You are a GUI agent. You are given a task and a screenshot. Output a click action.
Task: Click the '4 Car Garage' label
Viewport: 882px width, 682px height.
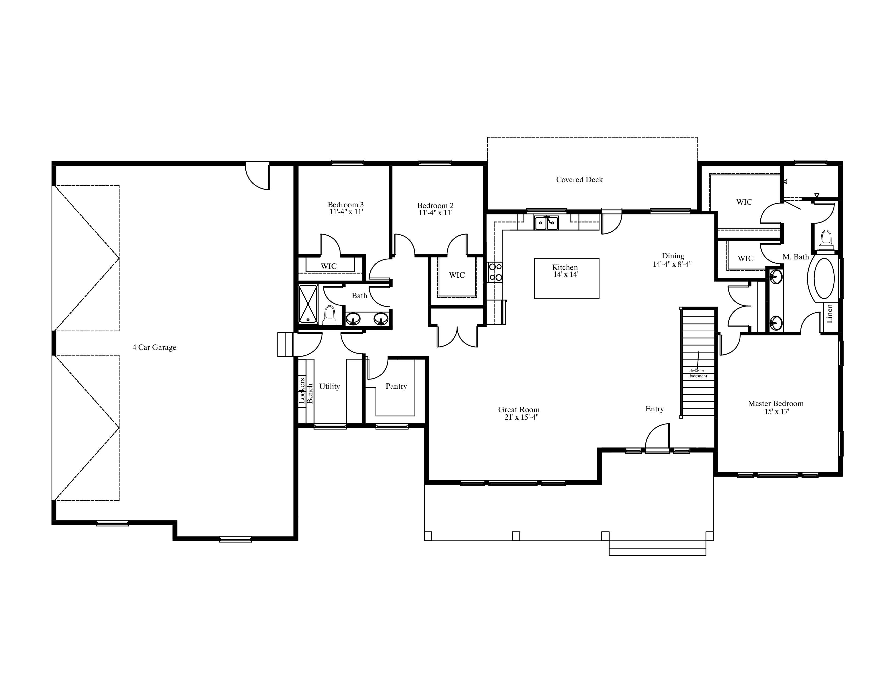coord(154,347)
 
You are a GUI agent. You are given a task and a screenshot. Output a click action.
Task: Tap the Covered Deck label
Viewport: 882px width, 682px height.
coord(579,180)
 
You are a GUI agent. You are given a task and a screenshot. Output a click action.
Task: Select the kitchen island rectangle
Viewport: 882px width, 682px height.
coord(567,278)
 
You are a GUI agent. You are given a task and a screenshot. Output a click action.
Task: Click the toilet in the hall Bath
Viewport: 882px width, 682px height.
coord(330,315)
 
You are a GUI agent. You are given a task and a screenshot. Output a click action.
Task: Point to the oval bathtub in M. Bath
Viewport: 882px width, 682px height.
coord(824,278)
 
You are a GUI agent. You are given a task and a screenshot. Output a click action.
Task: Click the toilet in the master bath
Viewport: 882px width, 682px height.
coord(826,240)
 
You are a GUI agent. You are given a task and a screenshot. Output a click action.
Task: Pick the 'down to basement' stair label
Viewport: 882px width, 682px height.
coord(698,373)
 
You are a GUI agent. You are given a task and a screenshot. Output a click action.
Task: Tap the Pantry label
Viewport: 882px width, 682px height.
coord(396,386)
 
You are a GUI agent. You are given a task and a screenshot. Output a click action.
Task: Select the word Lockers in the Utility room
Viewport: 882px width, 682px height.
coord(302,391)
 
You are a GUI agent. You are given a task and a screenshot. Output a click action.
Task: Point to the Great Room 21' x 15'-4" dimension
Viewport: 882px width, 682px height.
coord(521,417)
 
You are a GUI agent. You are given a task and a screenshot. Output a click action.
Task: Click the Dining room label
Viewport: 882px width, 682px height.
coord(673,256)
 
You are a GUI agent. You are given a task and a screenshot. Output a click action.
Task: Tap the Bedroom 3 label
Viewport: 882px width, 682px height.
coord(346,205)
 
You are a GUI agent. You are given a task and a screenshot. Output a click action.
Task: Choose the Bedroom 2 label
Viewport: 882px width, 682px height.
coord(435,206)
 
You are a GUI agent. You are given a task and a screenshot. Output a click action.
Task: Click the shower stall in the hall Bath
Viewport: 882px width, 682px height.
coord(308,304)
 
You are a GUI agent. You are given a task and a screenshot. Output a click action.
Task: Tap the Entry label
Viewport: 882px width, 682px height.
coord(655,409)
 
